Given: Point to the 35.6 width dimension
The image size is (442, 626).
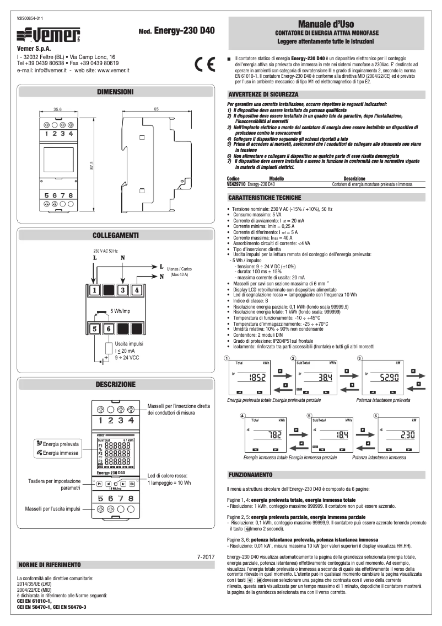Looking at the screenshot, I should (57, 109).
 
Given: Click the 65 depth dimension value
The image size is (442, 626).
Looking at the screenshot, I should (157, 109).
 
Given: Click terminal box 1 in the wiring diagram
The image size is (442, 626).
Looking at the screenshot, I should (95, 290).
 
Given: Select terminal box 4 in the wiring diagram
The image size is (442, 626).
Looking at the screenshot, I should (137, 290).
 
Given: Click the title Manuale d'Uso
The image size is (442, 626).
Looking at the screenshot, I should (326, 24).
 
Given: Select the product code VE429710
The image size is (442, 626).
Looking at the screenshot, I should (236, 183).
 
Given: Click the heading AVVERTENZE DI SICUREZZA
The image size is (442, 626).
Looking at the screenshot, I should (263, 95).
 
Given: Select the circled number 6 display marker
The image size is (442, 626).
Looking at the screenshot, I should (376, 416).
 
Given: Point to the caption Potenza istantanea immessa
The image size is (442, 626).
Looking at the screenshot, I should (379, 457).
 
